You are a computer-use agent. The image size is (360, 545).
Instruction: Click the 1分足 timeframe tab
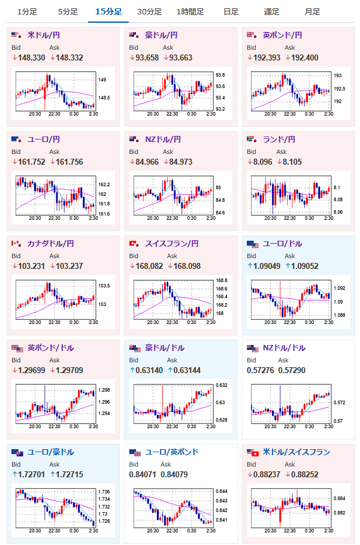tap(26, 12)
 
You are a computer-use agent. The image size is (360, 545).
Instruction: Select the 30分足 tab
tap(149, 12)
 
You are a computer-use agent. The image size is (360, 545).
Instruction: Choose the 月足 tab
tap(312, 12)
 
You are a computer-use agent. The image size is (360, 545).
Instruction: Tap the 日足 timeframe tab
tap(231, 12)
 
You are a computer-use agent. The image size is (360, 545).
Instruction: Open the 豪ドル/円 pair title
tap(161, 35)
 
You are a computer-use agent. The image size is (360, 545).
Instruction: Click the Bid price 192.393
tap(262, 57)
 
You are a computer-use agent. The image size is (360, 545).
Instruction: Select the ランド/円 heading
tap(279, 140)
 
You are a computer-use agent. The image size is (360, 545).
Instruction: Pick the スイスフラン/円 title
tap(172, 244)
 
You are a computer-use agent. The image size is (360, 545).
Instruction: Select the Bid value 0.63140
tap(147, 370)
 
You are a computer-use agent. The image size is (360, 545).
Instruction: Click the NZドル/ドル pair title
tap(284, 348)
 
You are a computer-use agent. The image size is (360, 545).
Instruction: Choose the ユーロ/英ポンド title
tap(171, 452)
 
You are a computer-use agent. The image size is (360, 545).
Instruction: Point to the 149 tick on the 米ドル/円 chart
tap(102, 80)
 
